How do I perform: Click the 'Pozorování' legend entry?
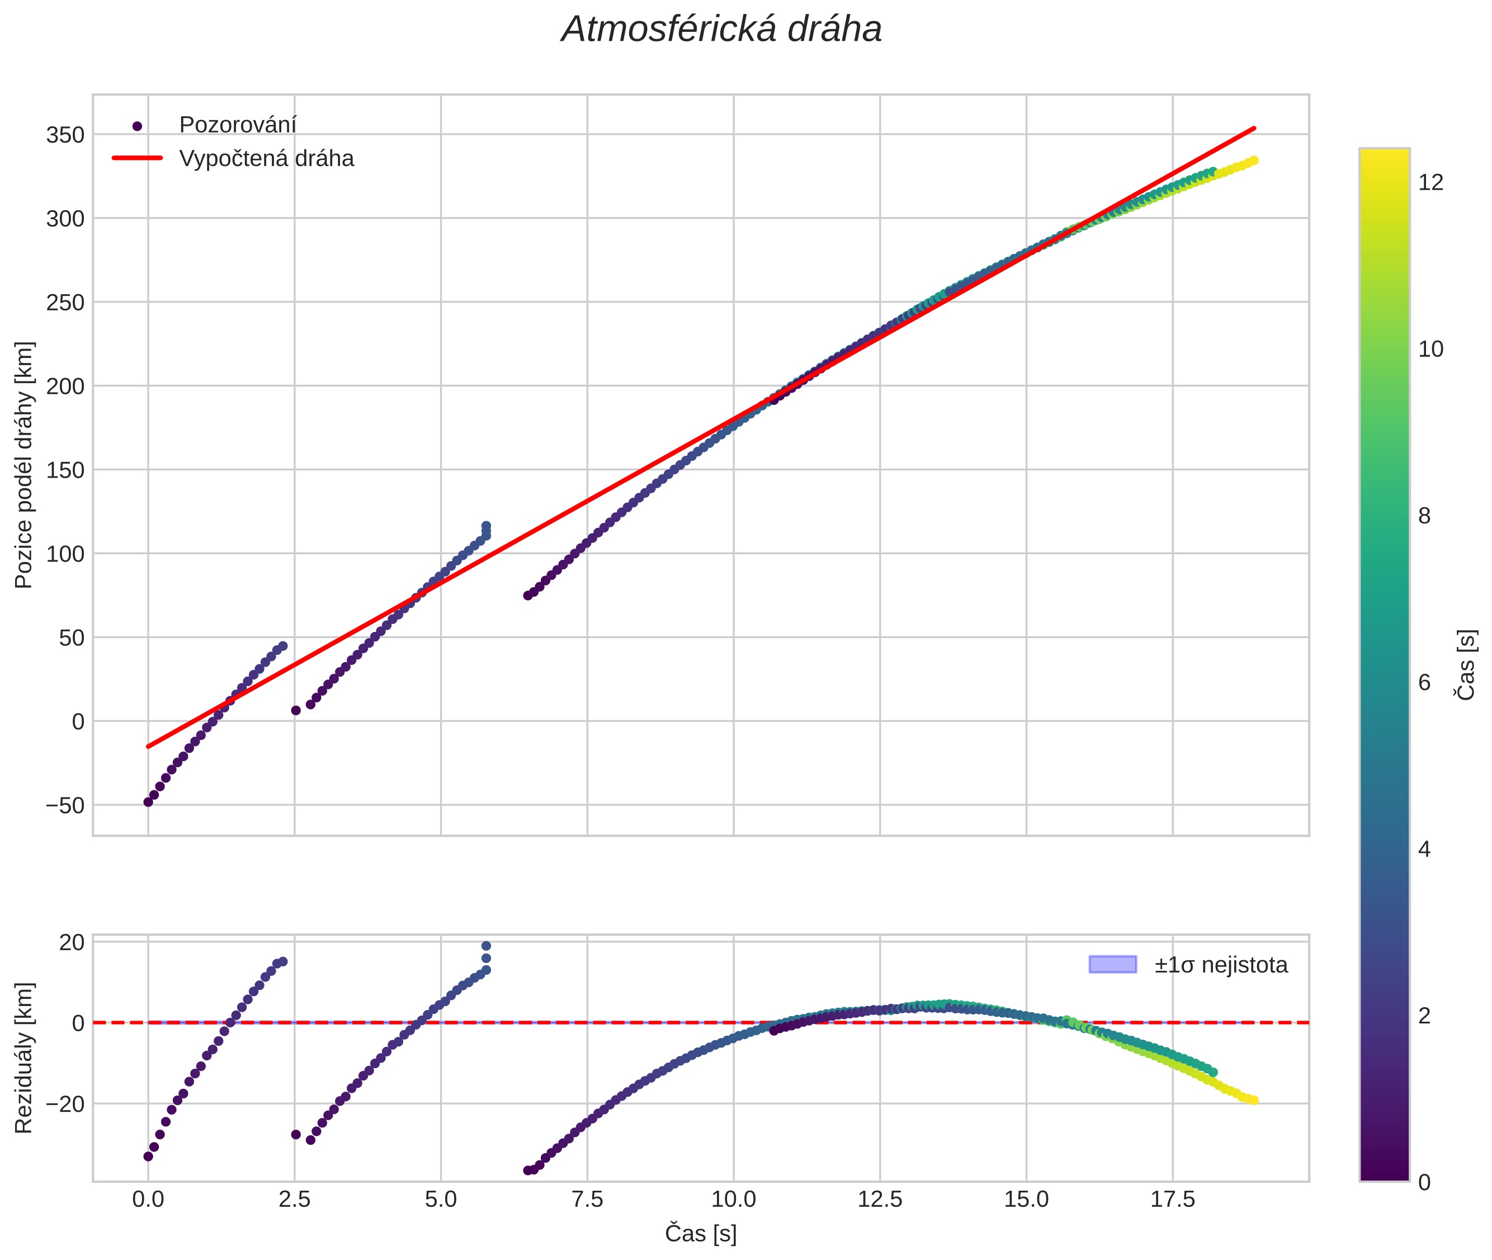(237, 125)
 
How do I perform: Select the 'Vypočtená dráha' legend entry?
(266, 159)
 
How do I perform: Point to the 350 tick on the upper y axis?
(65, 135)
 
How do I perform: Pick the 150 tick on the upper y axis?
(65, 470)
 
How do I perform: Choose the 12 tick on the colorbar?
(1430, 183)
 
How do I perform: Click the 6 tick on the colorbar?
(1425, 683)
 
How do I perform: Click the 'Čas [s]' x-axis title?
(701, 1234)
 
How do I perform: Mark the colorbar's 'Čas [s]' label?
(1467, 665)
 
